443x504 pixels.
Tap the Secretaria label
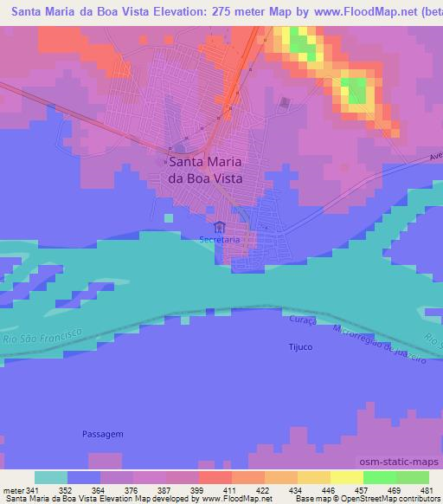(x=219, y=239)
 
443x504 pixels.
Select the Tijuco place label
(x=298, y=346)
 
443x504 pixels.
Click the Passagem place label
(x=104, y=433)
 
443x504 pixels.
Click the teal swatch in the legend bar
(x=51, y=477)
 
